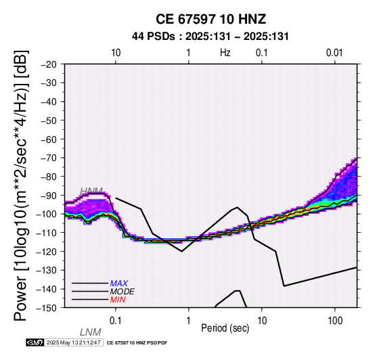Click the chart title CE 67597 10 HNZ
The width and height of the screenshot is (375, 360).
(211, 19)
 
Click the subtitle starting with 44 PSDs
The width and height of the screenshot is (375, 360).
(211, 37)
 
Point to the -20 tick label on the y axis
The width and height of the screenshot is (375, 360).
(49, 64)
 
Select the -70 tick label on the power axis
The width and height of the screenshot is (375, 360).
(49, 158)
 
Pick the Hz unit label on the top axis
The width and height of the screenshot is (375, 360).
(225, 53)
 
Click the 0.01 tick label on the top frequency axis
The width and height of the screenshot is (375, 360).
(334, 53)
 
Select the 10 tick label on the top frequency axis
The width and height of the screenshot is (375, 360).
(116, 53)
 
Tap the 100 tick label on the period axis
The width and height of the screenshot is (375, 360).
(335, 321)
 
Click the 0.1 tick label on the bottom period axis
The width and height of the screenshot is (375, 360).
(116, 321)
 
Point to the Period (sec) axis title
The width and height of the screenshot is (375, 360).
(225, 328)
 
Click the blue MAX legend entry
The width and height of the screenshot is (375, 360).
(119, 284)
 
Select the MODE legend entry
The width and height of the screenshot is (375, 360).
(123, 292)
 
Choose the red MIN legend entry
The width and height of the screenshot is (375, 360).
(118, 300)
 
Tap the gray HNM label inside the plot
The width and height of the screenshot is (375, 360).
(91, 191)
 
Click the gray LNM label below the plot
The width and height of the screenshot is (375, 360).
(91, 332)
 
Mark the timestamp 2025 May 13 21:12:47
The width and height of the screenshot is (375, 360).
(74, 342)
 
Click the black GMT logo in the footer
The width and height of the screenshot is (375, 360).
(35, 342)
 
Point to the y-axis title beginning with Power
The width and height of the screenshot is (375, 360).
(21, 185)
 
